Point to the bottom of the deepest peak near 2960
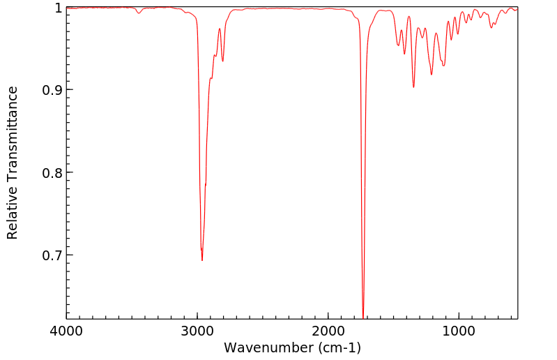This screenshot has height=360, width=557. pos(202,260)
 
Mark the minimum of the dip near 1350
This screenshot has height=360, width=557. pos(413,87)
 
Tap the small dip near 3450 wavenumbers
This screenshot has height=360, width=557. pos(139,13)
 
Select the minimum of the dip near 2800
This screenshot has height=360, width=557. pos(223,61)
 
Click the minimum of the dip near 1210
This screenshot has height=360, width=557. pos(432,75)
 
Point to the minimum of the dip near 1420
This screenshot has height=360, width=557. pos(404,54)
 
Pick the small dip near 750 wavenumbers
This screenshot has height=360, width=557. pos(491,27)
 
